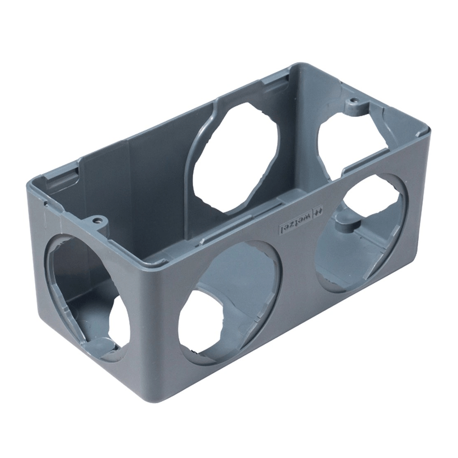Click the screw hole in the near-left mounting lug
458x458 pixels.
97,221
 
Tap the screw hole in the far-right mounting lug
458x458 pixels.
353,100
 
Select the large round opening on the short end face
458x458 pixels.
87,298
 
